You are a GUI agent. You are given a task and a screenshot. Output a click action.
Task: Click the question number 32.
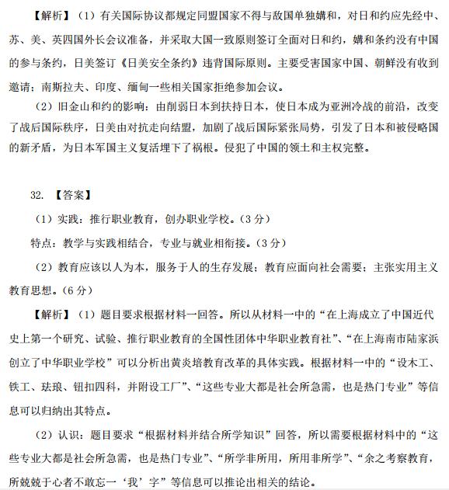pos(37,196)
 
